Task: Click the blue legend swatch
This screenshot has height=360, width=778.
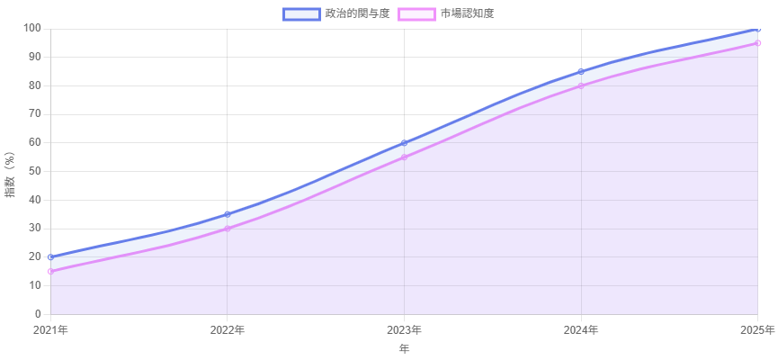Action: tap(301, 13)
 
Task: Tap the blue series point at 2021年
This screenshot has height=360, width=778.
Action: tap(50, 256)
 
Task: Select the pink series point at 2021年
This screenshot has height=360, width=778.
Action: tap(50, 271)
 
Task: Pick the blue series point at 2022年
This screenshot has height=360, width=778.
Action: tap(228, 214)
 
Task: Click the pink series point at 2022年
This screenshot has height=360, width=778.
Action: tap(228, 229)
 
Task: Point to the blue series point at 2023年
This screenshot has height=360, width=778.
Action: tap(405, 142)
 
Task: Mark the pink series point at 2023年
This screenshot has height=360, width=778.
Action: tap(405, 157)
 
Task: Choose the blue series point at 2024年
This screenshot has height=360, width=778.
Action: tap(582, 71)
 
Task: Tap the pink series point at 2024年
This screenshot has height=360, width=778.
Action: tap(582, 85)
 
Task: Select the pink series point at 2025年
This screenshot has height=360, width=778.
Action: tap(758, 42)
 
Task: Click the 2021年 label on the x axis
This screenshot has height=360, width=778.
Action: tap(50, 330)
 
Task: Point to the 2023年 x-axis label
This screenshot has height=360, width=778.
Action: tap(405, 330)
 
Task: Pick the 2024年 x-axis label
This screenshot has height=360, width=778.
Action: tap(582, 330)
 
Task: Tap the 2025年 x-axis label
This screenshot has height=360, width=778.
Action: tap(757, 330)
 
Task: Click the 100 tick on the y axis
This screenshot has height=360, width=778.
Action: tap(31, 28)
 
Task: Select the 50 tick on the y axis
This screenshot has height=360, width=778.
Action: tap(34, 171)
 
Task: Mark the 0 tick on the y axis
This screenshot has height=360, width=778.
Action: tap(37, 314)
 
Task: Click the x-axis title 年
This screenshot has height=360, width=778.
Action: tap(405, 348)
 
